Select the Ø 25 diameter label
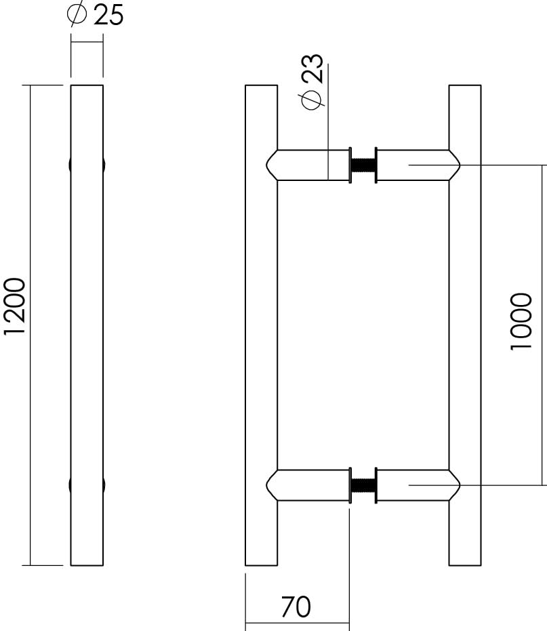click(x=96, y=15)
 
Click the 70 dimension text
click(x=296, y=607)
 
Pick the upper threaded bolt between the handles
click(x=363, y=165)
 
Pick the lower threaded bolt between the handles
click(x=363, y=485)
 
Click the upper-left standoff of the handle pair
click(x=308, y=165)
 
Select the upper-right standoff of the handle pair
click(x=415, y=165)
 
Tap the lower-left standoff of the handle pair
click(x=308, y=485)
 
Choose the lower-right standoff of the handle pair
click(x=415, y=485)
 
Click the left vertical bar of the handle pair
click(x=261, y=325)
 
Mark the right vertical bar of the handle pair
click(x=465, y=325)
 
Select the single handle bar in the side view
click(x=87, y=325)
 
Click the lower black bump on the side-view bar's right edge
click(x=104, y=485)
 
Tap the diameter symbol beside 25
click(x=77, y=15)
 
